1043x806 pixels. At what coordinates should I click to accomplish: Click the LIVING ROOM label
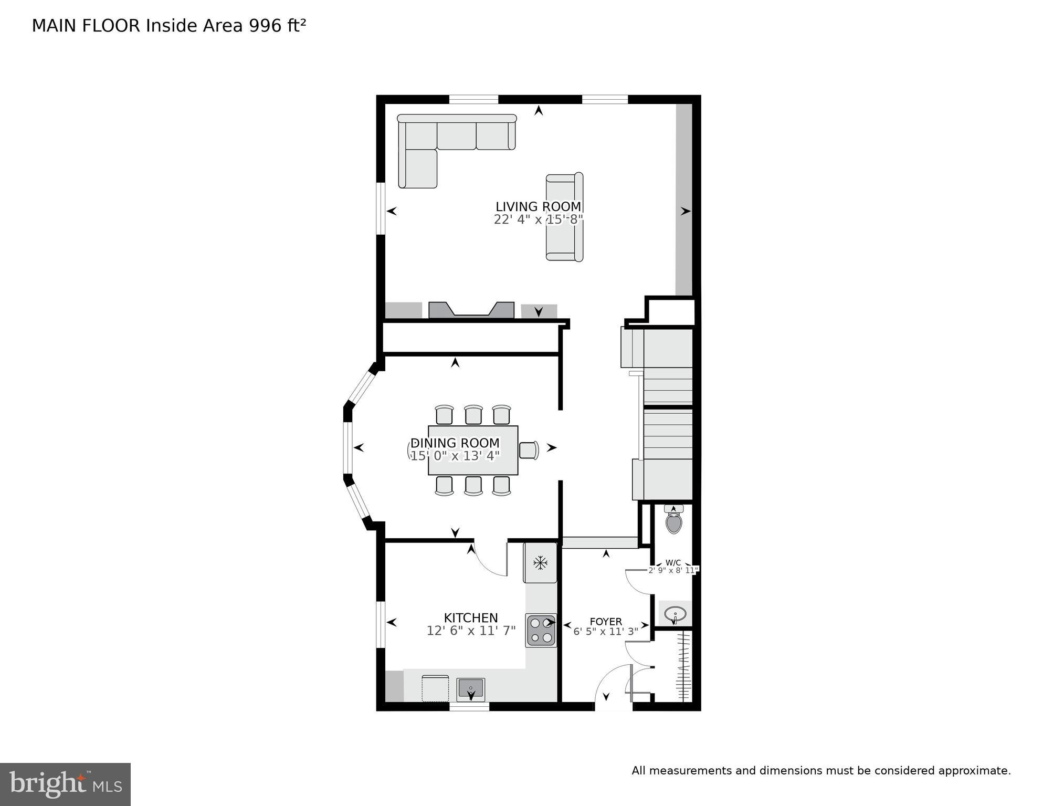538,206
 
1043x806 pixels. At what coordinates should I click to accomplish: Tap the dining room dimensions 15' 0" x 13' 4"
455,456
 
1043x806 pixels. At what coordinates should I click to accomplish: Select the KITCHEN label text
470,617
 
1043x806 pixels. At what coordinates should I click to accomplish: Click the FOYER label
605,621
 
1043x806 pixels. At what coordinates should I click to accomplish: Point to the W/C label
673,562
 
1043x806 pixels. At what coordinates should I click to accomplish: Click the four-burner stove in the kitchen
541,630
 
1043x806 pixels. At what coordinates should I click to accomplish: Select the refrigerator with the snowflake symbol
540,563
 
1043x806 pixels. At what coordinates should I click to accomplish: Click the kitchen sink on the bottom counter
470,689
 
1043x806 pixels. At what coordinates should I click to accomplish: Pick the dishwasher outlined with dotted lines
435,688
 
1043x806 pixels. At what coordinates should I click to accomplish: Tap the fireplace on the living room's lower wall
471,310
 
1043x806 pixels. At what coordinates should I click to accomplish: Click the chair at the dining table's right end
529,450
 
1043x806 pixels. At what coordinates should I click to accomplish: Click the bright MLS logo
65,784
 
